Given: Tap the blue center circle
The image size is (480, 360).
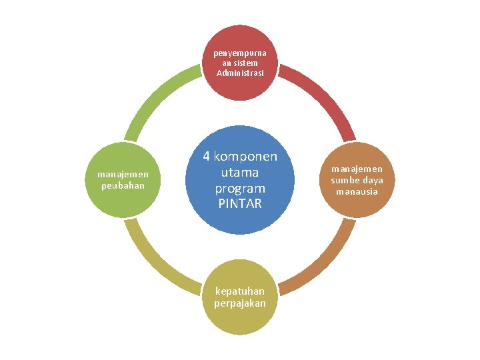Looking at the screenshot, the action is (241, 179).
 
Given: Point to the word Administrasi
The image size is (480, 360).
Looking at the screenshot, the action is (240, 72).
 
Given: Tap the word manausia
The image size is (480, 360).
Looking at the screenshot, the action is (357, 191).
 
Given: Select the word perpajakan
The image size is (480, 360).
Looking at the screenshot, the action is (240, 303).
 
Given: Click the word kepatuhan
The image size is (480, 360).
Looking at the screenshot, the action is (240, 291).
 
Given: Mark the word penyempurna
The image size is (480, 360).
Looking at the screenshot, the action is (240, 52).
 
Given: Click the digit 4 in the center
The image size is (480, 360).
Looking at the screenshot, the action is (207, 157).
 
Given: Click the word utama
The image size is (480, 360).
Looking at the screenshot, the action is (241, 172).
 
